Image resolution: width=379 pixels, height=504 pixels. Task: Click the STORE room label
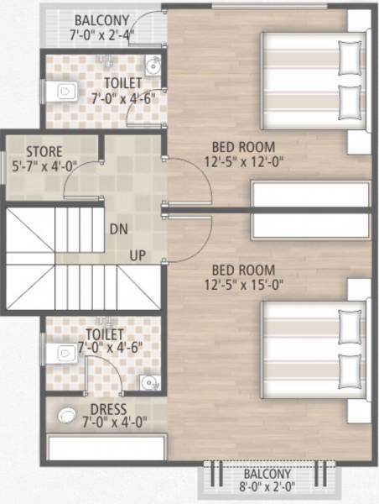click(44, 151)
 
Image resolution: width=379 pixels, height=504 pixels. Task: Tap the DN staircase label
click(118, 228)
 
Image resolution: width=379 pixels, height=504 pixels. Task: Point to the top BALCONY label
click(102, 20)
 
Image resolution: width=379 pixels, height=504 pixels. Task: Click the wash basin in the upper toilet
click(152, 65)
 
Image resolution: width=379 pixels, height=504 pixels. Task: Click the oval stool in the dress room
click(65, 414)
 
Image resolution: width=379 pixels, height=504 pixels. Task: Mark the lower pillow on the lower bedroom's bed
click(348, 368)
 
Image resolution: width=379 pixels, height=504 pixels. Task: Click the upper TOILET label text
click(122, 83)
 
